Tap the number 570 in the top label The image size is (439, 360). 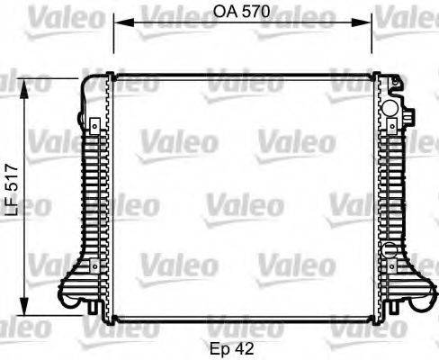click(x=256, y=13)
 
